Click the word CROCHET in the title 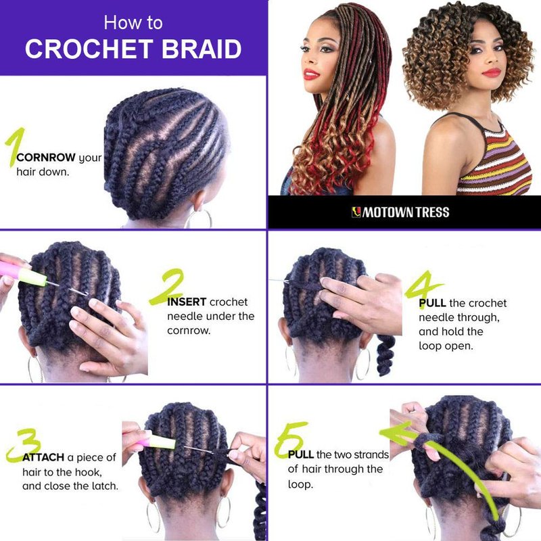89,49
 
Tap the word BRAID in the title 202,49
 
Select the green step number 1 16,147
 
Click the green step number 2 166,287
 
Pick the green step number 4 423,286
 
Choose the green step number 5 290,439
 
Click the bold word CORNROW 46,158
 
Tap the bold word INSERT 187,302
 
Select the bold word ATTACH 43,458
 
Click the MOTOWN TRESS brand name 400,212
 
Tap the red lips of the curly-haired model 492,72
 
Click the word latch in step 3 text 104,486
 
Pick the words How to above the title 133,23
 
